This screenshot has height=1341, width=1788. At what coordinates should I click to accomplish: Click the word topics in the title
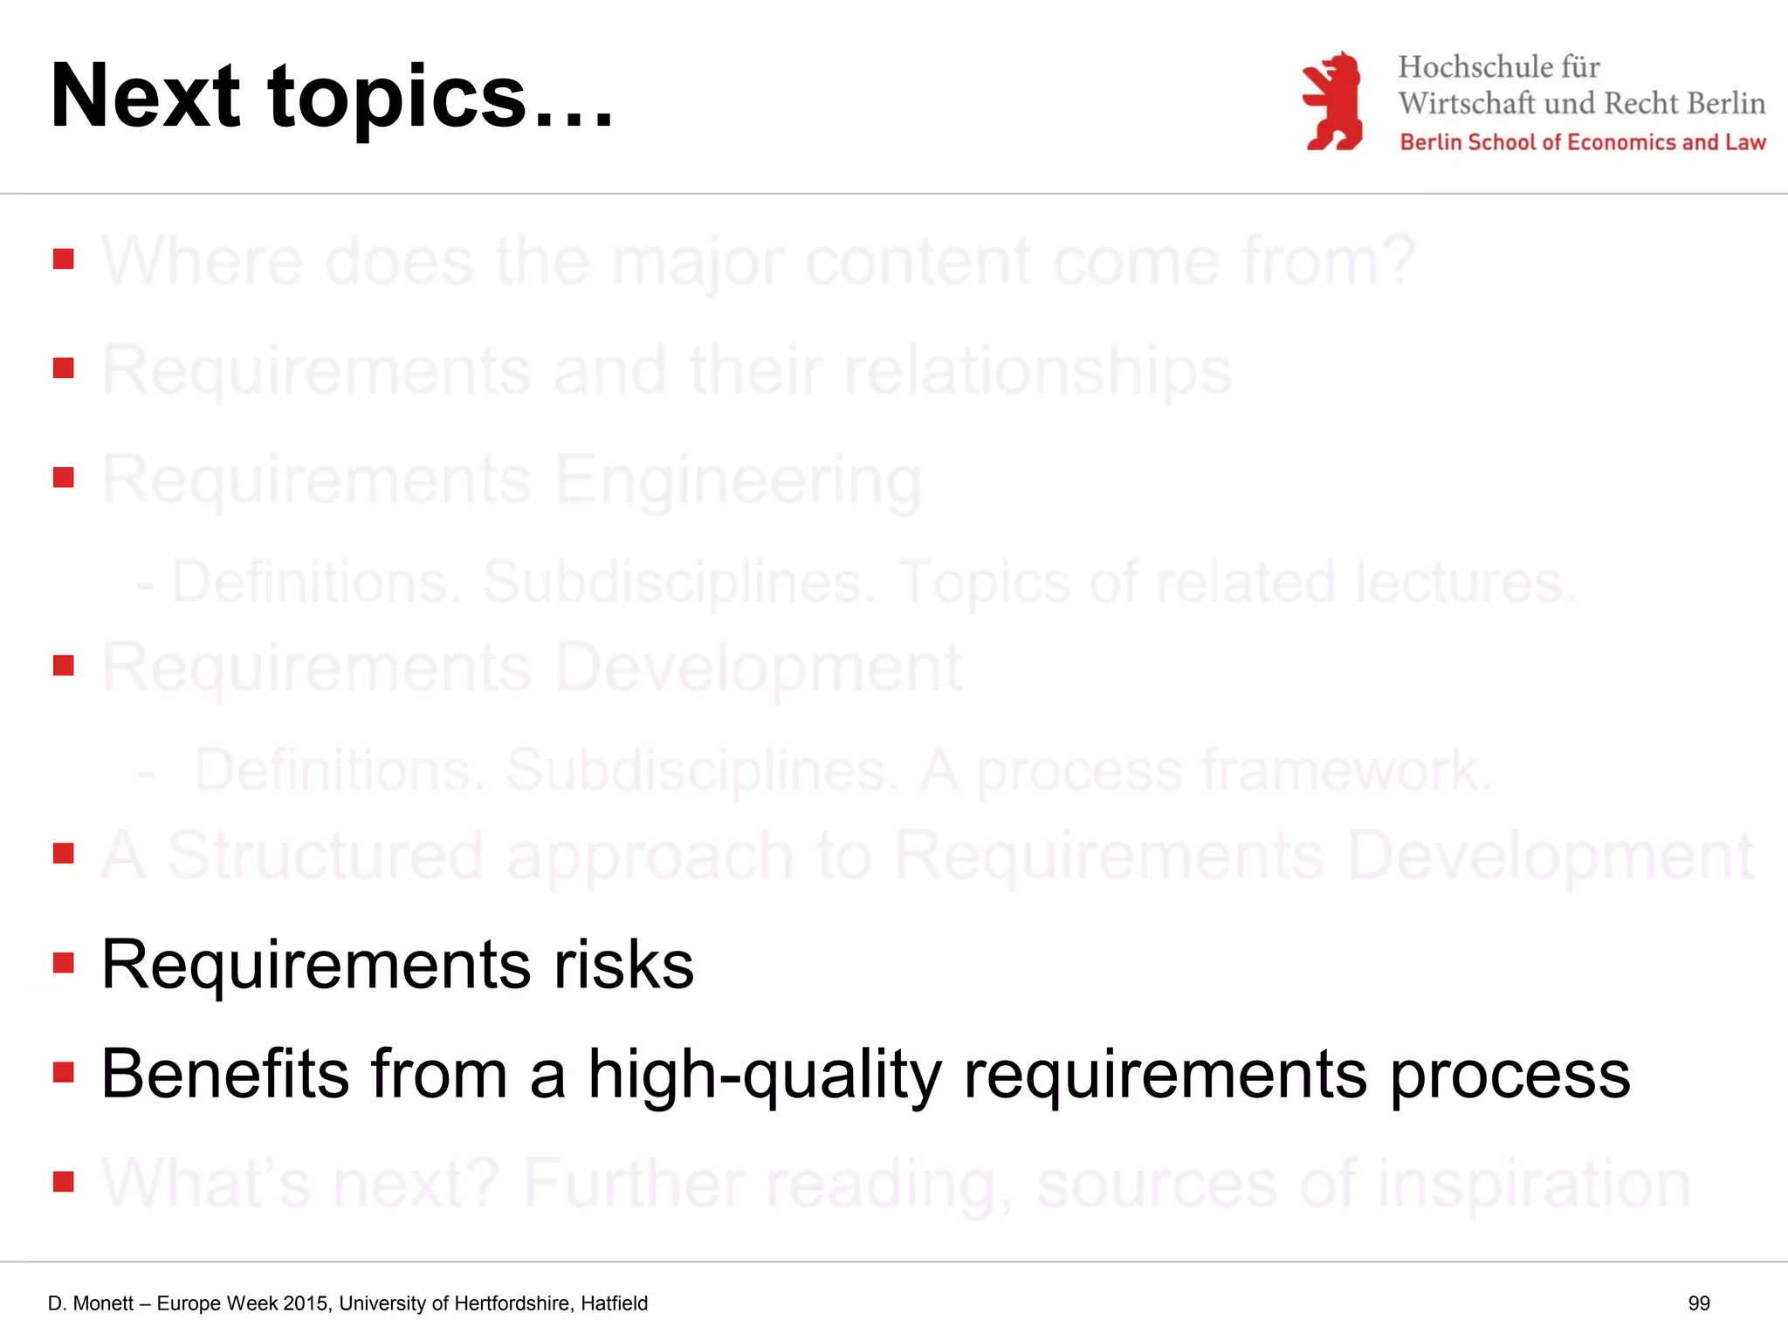click(397, 98)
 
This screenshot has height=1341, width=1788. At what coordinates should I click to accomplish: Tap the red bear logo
click(1332, 101)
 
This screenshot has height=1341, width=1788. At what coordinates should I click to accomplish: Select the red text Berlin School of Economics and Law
click(1582, 142)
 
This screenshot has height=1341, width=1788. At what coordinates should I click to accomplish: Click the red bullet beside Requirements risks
click(63, 963)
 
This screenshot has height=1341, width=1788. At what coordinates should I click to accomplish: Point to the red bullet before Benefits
click(63, 1072)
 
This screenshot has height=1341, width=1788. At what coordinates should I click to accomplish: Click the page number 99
click(1698, 1303)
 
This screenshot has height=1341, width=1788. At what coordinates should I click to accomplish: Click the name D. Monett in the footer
click(91, 1303)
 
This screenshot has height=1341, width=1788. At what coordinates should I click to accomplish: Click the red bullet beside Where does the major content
click(63, 259)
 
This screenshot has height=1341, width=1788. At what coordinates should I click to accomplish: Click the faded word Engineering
click(738, 480)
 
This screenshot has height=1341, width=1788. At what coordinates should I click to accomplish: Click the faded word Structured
click(324, 856)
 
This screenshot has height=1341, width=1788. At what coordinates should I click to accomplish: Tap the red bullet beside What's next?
click(63, 1182)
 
